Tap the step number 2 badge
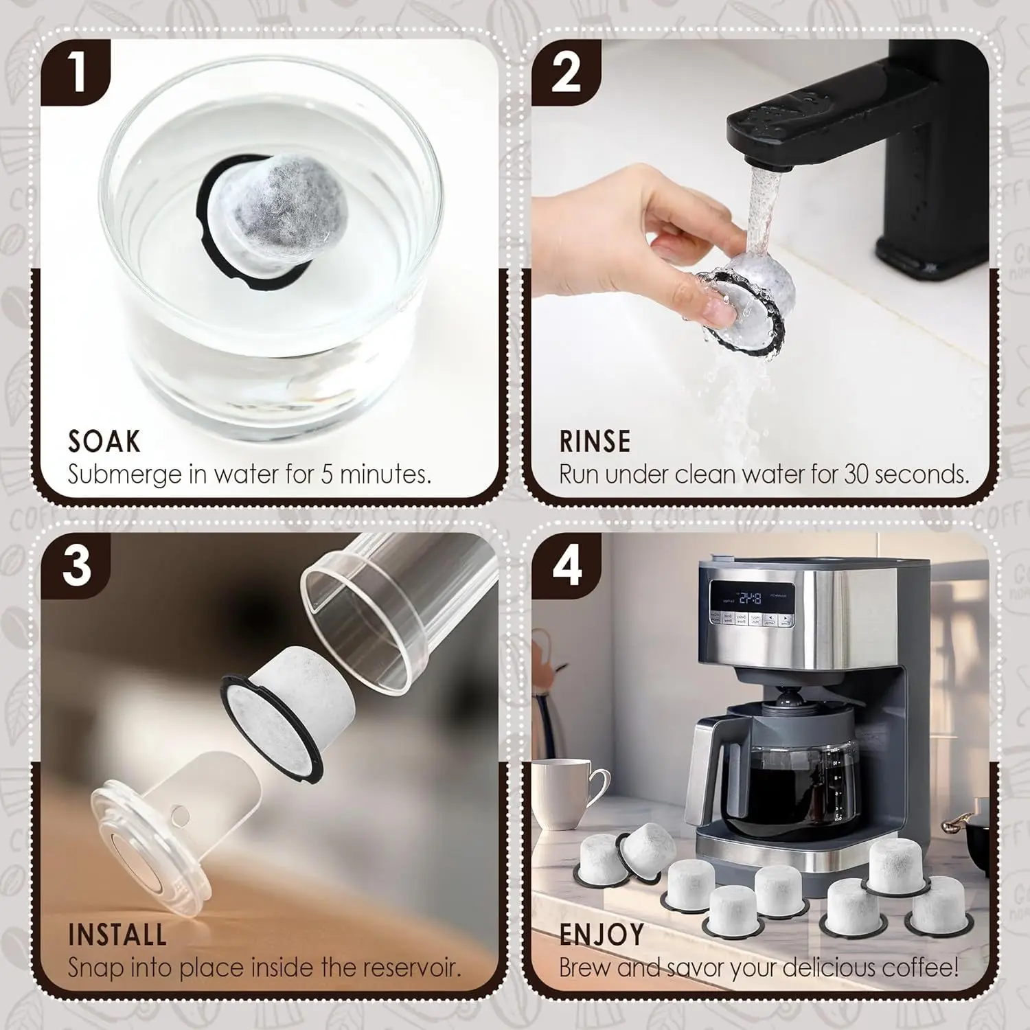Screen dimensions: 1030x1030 pos(567,72)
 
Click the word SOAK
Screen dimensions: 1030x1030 pos(104,442)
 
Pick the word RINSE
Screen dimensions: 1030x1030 pos(595,442)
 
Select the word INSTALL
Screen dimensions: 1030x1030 pos(117,935)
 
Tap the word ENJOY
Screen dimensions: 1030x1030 pos(602,935)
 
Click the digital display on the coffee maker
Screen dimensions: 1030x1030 pos(752,598)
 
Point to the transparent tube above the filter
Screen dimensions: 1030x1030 pos(371,618)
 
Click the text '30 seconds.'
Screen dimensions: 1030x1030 pos(906,474)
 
